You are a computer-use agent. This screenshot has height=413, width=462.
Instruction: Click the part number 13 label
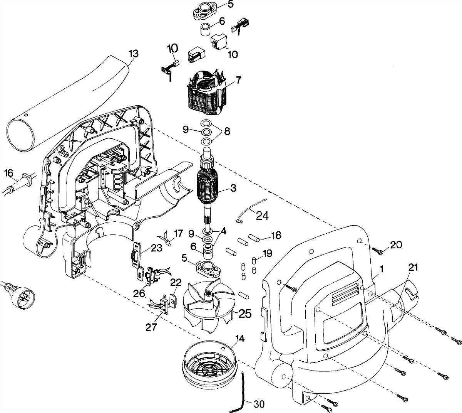tap(134, 54)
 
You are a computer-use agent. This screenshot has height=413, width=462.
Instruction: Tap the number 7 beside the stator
tap(238, 81)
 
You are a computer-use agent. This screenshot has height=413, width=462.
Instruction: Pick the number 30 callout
tap(259, 404)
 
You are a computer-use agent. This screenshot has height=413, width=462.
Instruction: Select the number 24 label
tap(262, 216)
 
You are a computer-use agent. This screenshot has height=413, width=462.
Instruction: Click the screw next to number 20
tap(378, 251)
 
